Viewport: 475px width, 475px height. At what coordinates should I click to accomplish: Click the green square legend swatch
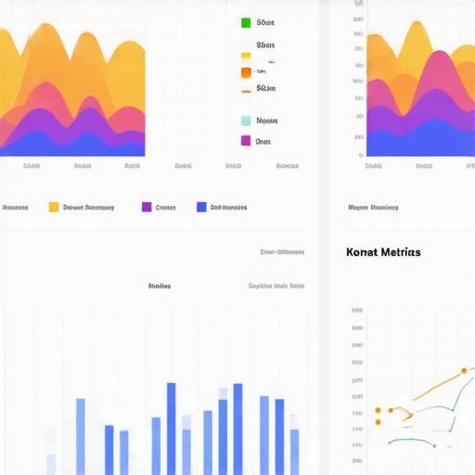point(246,22)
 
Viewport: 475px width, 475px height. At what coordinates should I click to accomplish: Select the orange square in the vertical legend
point(246,71)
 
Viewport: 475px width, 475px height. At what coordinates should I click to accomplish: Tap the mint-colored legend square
point(246,121)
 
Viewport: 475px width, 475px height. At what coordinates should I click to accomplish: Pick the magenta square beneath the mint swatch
point(246,141)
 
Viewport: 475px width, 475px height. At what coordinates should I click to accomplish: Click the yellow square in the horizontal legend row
point(54,208)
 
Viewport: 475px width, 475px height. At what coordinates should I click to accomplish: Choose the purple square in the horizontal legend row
point(147,208)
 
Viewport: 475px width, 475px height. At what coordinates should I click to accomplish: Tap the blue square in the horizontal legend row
point(201,208)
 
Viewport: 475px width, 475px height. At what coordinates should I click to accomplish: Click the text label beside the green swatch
point(265,22)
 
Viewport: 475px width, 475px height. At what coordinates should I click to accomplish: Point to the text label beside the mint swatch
point(267,121)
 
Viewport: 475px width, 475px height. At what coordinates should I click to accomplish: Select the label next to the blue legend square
point(228,208)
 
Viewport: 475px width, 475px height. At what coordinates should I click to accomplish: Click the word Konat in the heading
point(360,252)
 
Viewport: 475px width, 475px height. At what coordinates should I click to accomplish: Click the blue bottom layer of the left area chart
point(74,147)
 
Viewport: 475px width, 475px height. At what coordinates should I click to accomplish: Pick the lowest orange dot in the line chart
point(379,423)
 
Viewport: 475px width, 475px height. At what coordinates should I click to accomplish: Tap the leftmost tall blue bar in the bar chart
point(81,436)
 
